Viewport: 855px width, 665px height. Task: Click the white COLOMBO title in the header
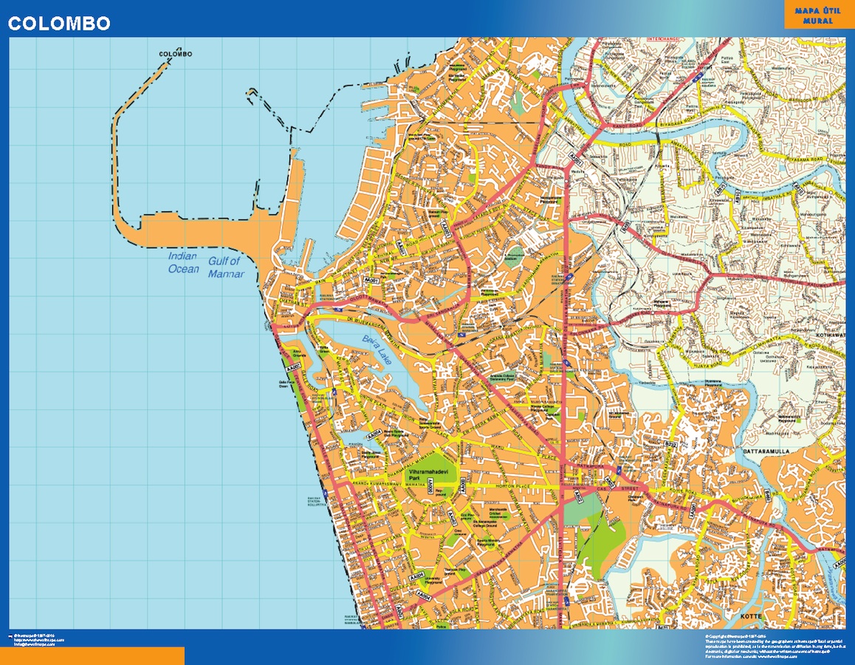(59, 24)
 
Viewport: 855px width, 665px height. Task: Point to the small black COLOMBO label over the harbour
(176, 55)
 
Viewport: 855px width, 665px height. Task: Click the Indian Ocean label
(183, 263)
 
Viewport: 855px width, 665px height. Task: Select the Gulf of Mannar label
(224, 266)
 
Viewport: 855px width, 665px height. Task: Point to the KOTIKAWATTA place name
(832, 334)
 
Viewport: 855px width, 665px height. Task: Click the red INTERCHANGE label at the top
(663, 38)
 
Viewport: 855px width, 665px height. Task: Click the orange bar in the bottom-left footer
(92, 655)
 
